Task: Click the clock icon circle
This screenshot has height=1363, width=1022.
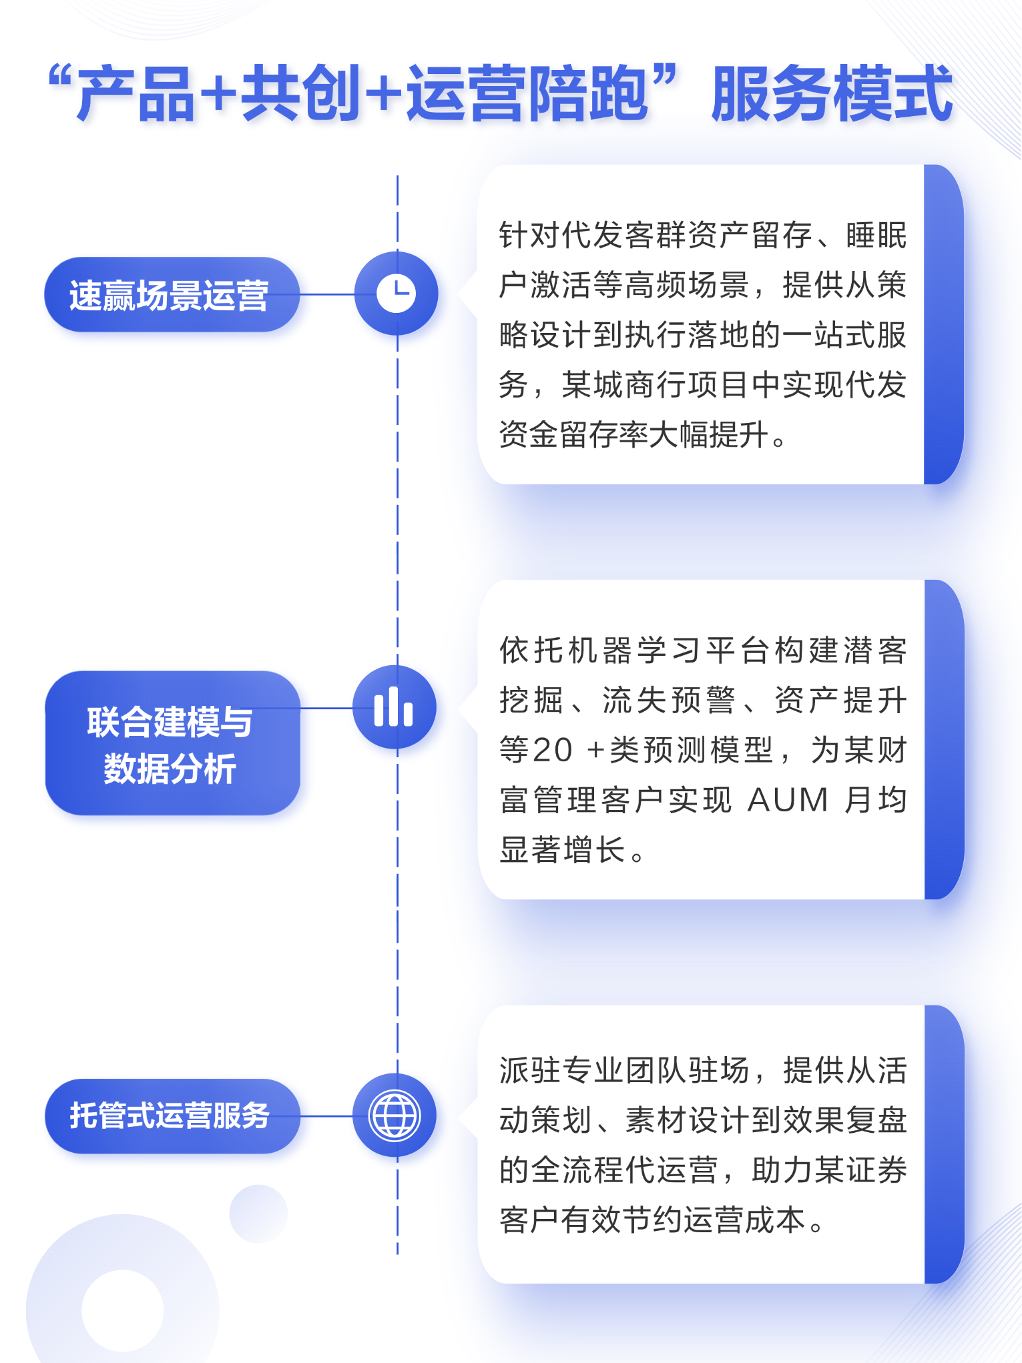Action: (396, 294)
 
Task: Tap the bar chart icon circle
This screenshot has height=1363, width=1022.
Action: (394, 707)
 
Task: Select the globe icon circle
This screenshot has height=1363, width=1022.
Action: (395, 1115)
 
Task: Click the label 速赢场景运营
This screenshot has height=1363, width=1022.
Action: (170, 295)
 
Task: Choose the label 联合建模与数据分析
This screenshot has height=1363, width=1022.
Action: (170, 744)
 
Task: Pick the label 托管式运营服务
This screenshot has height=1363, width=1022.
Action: (170, 1115)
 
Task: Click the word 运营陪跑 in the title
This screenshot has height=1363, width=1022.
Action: (528, 94)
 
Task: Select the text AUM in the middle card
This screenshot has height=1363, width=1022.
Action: (788, 800)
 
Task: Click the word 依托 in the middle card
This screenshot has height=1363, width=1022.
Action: (531, 650)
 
